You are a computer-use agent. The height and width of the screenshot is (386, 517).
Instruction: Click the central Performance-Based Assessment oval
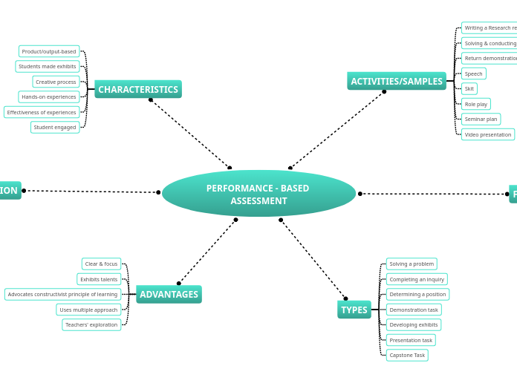pos(258,194)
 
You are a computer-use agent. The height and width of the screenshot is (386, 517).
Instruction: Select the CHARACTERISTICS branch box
pos(138,90)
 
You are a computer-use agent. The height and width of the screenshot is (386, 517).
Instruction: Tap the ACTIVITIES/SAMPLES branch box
pos(397,82)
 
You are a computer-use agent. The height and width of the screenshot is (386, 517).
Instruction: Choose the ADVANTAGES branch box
pos(169,295)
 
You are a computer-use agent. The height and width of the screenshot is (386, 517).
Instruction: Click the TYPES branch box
pos(354,310)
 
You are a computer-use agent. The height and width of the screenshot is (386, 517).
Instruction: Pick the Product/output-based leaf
pos(49,51)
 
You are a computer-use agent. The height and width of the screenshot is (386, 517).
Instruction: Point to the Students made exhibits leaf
pos(48,67)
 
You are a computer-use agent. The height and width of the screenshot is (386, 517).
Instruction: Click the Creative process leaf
pos(56,82)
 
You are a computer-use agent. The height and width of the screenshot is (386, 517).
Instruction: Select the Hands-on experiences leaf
pos(49,97)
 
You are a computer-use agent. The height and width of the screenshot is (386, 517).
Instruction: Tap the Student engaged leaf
pos(55,128)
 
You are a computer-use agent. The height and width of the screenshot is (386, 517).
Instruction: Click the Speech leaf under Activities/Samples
pos(474,73)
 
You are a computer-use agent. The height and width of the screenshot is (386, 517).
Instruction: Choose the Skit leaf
pos(469,89)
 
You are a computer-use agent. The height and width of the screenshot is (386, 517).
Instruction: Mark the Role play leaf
pos(476,104)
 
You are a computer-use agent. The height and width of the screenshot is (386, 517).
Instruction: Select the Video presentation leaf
pos(488,134)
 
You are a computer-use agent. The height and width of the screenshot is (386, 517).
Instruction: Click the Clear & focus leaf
pos(101,264)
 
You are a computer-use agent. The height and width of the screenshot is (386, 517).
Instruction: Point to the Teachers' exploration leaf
pos(91,325)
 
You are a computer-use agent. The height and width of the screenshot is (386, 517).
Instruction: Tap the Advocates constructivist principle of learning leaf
pos(62,295)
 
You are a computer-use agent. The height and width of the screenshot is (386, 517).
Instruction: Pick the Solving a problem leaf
pos(412,264)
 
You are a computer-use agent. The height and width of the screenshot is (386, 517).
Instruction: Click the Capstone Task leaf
pos(407,356)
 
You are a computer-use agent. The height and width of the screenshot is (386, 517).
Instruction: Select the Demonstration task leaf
pos(414,310)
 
